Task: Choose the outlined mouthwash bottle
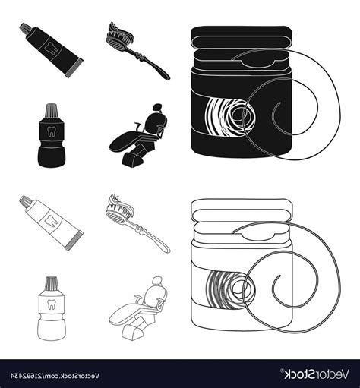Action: coord(49,304)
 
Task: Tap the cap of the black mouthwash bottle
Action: coord(49,112)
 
